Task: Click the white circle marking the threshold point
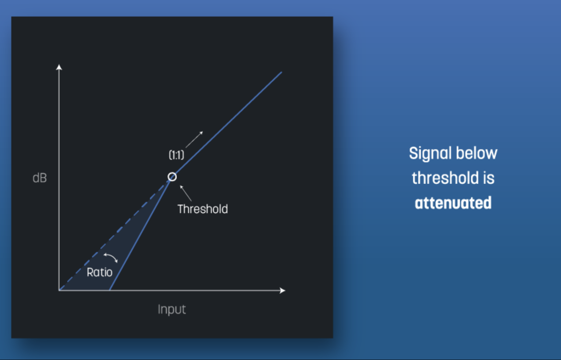point(172,177)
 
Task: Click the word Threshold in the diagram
point(203,209)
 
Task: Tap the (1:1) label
point(176,155)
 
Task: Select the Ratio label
point(99,272)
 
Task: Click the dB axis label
point(39,178)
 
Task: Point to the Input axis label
point(172,310)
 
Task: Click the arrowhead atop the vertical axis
point(59,67)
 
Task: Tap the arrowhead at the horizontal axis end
point(282,291)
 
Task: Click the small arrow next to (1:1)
point(194,139)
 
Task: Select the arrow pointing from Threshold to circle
point(186,193)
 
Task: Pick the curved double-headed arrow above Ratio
point(111,258)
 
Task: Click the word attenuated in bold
point(453,203)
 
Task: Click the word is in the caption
point(489,178)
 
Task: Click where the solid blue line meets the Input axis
point(110,290)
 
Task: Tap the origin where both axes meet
point(59,290)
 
